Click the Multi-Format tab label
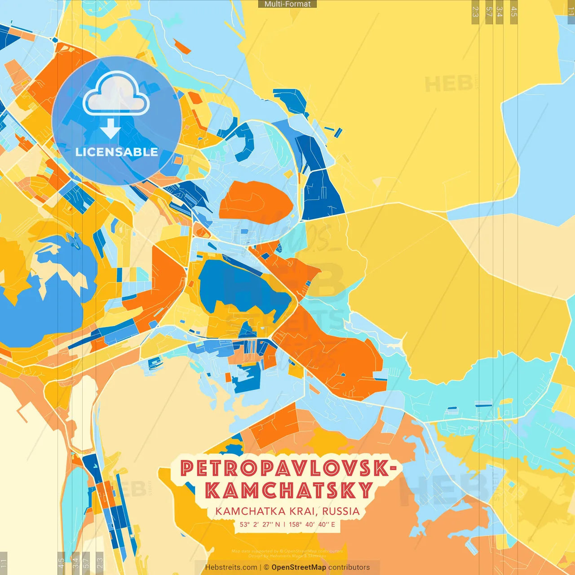coord(287,4)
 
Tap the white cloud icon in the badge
coord(116,95)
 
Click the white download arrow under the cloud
coord(110,128)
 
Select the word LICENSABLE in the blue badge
coord(117,152)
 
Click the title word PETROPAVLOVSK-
coord(288,469)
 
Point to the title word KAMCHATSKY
coord(289,491)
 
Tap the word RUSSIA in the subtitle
coord(341,511)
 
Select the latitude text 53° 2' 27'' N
coord(260,524)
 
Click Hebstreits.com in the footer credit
coord(231,567)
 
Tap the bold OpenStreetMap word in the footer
coord(299,567)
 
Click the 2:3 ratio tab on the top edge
coord(475,12)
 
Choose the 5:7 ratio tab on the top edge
coord(489,12)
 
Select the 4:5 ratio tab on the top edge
coord(514,12)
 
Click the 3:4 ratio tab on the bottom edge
coord(75,563)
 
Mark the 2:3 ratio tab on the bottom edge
coord(100,563)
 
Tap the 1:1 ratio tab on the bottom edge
coord(4,563)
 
